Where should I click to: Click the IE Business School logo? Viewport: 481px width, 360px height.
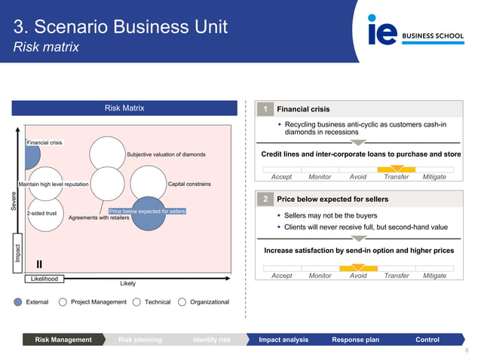[413, 30]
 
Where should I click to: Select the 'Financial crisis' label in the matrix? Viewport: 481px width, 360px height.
[44, 142]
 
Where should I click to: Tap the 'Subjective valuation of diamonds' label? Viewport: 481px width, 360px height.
[166, 154]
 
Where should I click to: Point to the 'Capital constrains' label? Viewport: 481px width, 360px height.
[189, 184]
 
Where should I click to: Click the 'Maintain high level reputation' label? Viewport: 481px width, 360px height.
[54, 184]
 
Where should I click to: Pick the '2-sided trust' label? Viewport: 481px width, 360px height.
[41, 213]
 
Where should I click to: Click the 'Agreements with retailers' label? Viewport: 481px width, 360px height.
[99, 218]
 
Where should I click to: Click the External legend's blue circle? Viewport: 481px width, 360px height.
[19, 302]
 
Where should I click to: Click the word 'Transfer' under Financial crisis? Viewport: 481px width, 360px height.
[397, 177]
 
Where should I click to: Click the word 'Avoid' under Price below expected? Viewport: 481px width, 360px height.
[358, 276]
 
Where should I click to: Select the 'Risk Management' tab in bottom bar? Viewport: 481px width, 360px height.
[63, 340]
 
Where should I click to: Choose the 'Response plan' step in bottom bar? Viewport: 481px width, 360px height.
[355, 340]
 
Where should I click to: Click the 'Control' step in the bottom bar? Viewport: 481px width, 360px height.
[427, 340]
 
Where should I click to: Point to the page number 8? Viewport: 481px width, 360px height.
[467, 351]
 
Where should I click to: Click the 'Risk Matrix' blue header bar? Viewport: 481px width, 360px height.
[124, 108]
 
